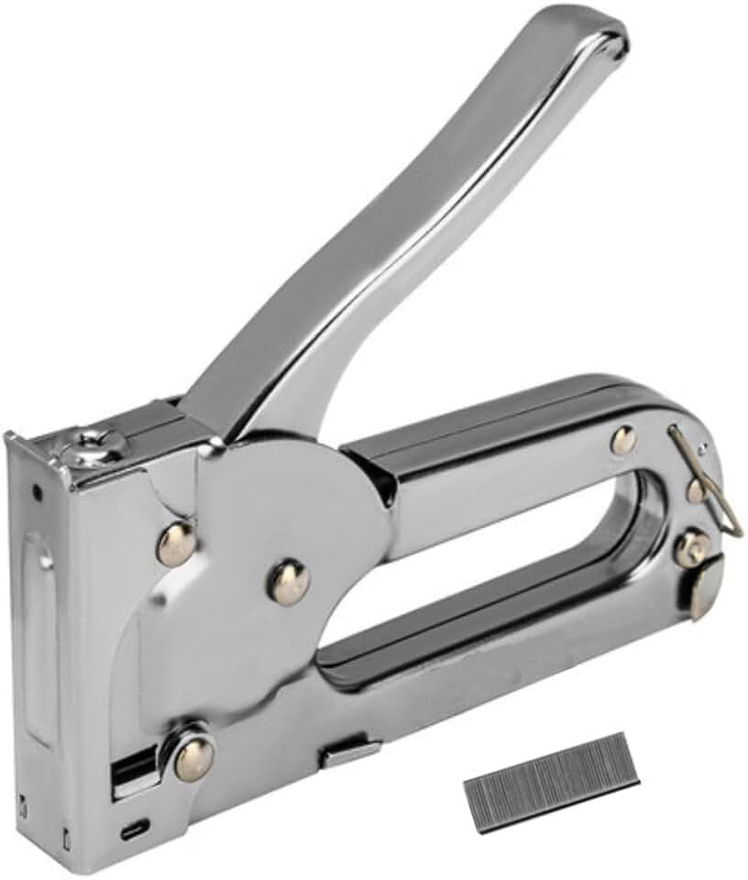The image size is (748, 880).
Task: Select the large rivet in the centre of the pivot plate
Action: pos(289,581)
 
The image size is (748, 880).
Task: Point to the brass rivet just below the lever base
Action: pos(176,544)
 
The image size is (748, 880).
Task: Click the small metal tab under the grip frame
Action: pos(350,753)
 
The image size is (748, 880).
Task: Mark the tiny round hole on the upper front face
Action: pos(37,492)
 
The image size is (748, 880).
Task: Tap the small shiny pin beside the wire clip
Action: pos(703,450)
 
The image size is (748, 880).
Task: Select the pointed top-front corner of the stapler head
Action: pos(11,435)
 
